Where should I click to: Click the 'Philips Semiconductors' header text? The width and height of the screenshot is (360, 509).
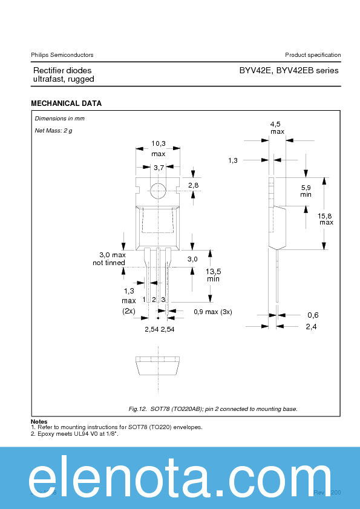point(62,55)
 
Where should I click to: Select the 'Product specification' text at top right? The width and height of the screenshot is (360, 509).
point(313,55)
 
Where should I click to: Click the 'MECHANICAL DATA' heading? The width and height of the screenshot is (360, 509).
point(66,103)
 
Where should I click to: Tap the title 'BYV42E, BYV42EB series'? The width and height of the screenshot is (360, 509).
point(289,71)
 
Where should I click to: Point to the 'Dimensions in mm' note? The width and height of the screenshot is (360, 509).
point(60,119)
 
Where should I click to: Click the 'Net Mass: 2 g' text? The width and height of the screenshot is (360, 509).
point(53,131)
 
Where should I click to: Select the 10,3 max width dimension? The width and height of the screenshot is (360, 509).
point(158,148)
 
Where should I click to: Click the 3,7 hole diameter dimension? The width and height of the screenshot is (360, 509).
point(159,168)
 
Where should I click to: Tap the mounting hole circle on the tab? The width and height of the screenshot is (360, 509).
point(158,190)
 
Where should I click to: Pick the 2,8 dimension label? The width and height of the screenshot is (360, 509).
point(193,185)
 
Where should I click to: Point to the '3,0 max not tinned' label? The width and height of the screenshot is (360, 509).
point(109,258)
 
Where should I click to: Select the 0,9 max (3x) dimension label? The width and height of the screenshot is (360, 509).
point(212,312)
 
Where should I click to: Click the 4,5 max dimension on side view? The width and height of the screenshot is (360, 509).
point(277,127)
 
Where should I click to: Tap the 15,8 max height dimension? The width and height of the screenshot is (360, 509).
point(326,218)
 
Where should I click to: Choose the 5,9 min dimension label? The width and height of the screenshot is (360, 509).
point(306,191)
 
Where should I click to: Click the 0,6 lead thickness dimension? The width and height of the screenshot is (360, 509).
point(312,315)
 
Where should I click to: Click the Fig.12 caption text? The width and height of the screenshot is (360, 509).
point(213,409)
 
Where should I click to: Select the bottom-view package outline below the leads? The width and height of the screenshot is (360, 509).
point(158,367)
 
